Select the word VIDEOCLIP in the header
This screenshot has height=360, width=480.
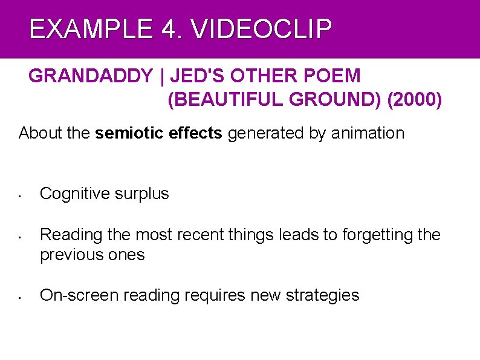click(261, 29)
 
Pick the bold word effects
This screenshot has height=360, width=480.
click(195, 133)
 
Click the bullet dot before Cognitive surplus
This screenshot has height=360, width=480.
click(20, 196)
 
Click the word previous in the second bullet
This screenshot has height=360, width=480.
click(71, 255)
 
